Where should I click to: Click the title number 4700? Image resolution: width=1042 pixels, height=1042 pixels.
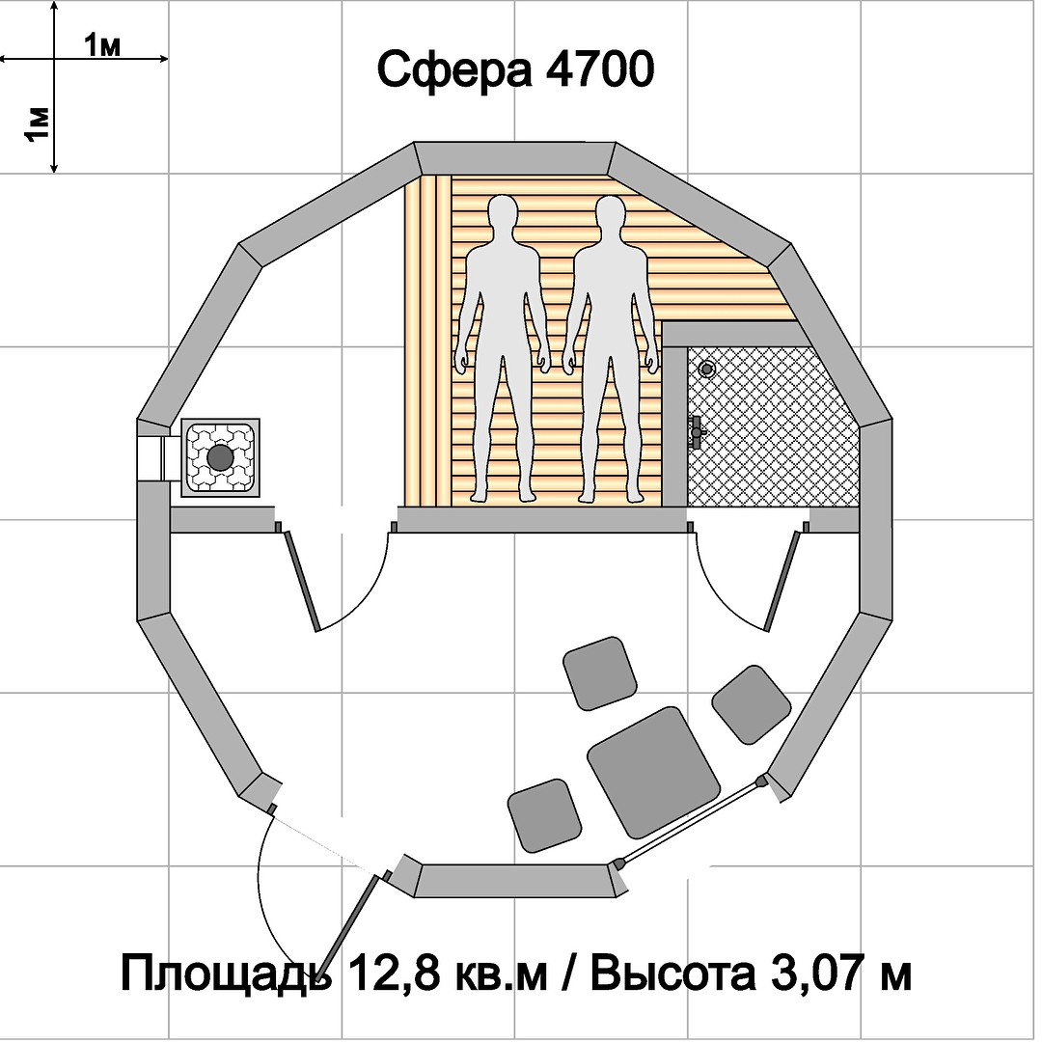pos(599,69)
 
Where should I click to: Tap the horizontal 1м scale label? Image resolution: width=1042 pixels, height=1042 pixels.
pos(102,45)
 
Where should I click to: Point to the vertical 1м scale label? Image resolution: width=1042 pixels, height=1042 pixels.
pos(38,124)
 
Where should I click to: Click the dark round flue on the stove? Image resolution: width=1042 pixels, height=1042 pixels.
pos(220,458)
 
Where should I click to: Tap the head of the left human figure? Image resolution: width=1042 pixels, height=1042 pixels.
pos(503,215)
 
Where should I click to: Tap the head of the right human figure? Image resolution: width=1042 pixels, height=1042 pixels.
pos(610,215)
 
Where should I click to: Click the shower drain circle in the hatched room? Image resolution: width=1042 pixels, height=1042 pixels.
pos(706,369)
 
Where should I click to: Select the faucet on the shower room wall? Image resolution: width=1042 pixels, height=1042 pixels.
pos(696,432)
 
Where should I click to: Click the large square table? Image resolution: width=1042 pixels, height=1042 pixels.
pos(653,772)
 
